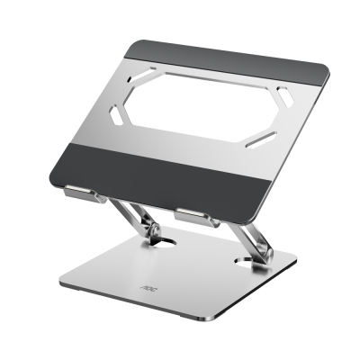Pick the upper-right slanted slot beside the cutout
tap(283, 93)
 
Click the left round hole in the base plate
tap(161, 242)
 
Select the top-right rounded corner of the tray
tap(324, 67)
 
